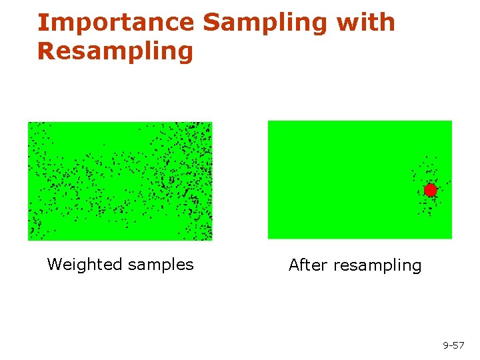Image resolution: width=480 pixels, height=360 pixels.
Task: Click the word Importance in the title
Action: tap(115, 23)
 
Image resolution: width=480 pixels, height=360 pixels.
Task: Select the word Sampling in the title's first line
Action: tap(266, 23)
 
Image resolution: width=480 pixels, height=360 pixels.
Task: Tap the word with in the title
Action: tap(366, 23)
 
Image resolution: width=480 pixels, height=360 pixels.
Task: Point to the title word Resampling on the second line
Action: tap(115, 51)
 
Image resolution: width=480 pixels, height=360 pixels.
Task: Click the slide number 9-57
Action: tap(453, 345)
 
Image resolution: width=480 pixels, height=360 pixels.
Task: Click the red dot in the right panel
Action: tap(431, 190)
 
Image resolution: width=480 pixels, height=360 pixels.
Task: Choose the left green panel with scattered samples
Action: tap(120, 181)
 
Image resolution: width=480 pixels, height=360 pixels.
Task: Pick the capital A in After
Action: tap(294, 265)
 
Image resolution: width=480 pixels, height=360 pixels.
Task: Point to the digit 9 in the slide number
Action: tap(446, 345)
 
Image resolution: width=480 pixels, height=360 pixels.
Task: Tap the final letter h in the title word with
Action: tap(388, 23)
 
